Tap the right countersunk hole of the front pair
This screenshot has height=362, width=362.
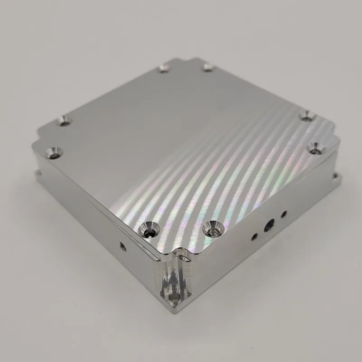point(211,228)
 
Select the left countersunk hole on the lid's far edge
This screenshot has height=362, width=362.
point(164,69)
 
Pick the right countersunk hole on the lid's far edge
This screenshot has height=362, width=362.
point(208,68)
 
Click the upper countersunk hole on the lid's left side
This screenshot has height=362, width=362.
point(65,121)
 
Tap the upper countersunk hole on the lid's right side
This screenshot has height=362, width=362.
point(308,117)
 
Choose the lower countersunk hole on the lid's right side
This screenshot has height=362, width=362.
point(315,147)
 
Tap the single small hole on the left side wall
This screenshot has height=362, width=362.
point(123,245)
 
